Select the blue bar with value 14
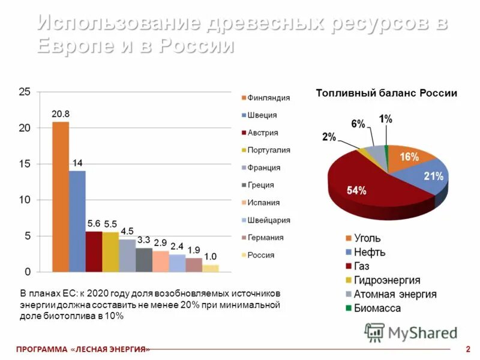click(x=77, y=221)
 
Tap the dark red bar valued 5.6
click(x=94, y=251)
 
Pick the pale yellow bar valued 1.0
click(x=211, y=268)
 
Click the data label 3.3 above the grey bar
click(x=144, y=240)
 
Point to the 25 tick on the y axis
click(x=24, y=92)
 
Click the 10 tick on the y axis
click(x=24, y=200)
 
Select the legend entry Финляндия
click(x=268, y=98)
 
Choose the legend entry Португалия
click(x=268, y=150)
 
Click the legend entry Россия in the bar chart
click(x=260, y=255)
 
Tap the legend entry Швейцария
click(x=268, y=220)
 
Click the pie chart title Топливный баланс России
click(x=386, y=94)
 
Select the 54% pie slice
click(x=366, y=192)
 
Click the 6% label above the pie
click(x=358, y=124)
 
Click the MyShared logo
click(x=412, y=332)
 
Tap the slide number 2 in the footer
click(x=467, y=349)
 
